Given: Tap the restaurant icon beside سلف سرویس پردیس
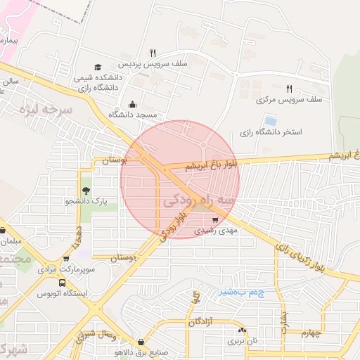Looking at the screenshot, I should (153, 53).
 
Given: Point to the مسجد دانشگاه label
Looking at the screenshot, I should (135, 113).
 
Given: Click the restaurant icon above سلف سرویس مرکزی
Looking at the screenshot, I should (289, 89).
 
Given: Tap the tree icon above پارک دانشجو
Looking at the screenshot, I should (86, 191).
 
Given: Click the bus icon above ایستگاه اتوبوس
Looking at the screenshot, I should (63, 283).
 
